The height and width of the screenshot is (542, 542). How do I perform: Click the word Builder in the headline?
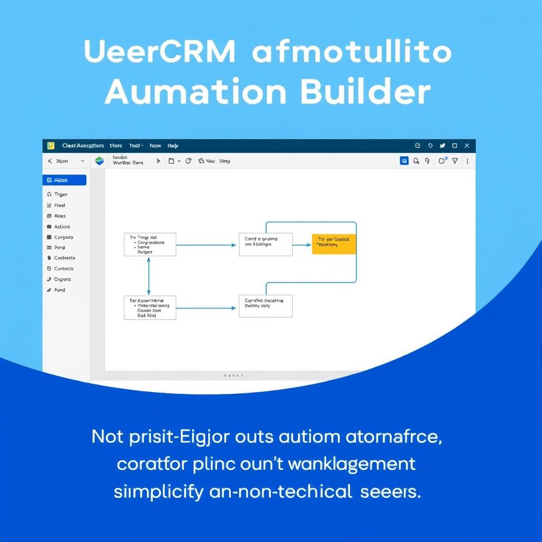(365, 92)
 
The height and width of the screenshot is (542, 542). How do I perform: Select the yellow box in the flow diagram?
(334, 245)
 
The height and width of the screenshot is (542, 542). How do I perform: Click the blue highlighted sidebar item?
(64, 180)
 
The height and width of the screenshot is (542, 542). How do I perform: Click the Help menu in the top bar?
(173, 146)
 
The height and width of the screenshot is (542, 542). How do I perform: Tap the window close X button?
(467, 146)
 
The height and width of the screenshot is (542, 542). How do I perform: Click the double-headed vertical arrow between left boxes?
(149, 276)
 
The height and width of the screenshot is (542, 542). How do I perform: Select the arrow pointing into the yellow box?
(302, 245)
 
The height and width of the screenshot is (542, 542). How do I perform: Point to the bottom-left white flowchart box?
(150, 308)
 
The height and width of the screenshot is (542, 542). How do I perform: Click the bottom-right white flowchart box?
(265, 306)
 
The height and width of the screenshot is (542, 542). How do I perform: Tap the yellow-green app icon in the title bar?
(51, 146)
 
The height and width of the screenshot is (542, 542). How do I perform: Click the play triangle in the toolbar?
(158, 161)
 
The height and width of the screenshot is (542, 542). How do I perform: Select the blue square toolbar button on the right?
(404, 161)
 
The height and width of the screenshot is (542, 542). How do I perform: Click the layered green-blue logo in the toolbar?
(99, 161)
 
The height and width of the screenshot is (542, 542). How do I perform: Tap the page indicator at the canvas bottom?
(234, 375)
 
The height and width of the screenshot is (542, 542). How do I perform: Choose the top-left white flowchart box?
(150, 245)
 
